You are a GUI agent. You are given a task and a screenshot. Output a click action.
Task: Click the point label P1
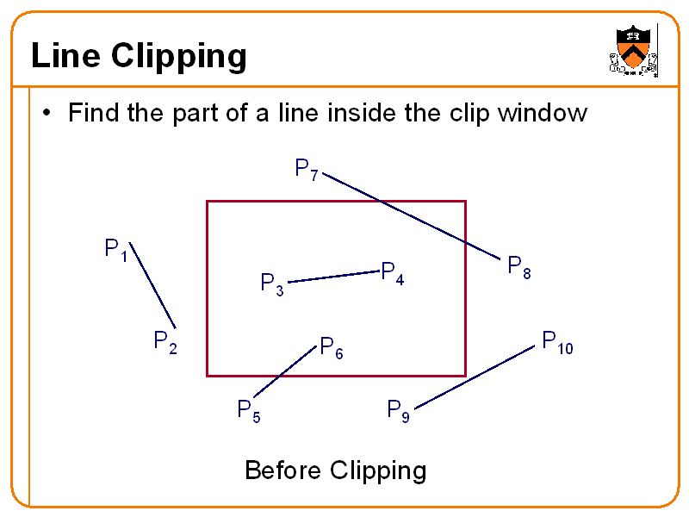coord(116,251)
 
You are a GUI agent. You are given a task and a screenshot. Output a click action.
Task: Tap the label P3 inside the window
coord(272,284)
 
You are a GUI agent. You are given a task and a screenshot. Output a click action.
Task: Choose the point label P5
coord(249,411)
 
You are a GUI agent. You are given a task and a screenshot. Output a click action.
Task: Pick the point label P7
coord(307,170)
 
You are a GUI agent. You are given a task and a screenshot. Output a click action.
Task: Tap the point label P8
coord(518,267)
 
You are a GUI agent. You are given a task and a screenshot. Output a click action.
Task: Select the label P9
coord(398,410)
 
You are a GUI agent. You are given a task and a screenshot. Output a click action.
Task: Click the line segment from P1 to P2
coord(152,286)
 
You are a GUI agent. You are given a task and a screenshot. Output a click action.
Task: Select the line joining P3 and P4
coord(334,276)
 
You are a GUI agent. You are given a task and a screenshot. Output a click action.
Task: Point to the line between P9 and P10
coord(475,377)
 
